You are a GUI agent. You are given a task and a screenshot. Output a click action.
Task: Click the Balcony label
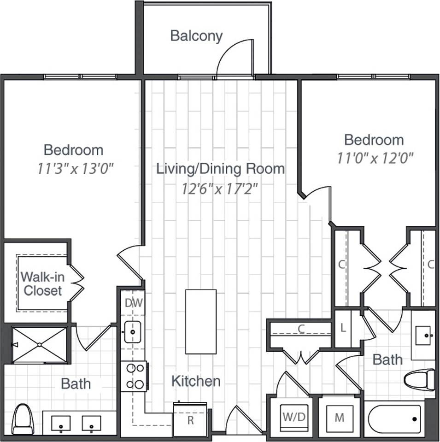click(196, 36)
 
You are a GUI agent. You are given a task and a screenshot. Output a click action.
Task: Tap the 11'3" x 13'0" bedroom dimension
click(75, 169)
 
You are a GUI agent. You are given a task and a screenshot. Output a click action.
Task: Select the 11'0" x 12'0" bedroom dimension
click(374, 159)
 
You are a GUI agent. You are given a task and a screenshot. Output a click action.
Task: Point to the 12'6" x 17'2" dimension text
click(220, 188)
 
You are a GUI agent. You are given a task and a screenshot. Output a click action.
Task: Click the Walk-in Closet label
click(42, 284)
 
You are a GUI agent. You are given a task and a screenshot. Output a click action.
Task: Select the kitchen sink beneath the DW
click(133, 331)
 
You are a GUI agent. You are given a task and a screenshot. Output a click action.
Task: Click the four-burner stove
click(134, 376)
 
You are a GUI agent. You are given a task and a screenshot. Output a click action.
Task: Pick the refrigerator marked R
click(190, 420)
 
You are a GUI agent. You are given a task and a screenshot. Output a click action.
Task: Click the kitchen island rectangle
click(201, 321)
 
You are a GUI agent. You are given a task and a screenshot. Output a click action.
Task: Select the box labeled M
click(340, 418)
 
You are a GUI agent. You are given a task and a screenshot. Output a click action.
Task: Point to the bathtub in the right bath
click(395, 419)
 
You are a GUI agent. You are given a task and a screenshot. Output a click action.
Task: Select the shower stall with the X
click(39, 344)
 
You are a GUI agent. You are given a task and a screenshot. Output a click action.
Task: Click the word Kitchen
click(196, 381)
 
